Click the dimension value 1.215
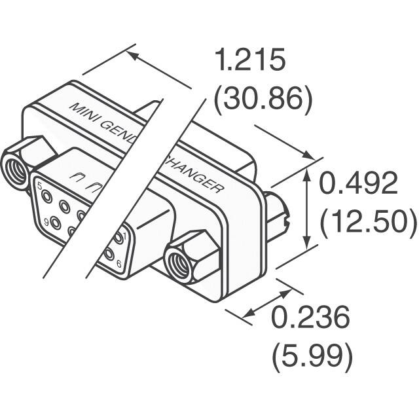pos(250,61)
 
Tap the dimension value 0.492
pos(358,185)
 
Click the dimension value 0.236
pos(310,319)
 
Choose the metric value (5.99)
pos(312,357)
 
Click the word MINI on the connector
pos(83,109)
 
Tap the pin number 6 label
pos(118,263)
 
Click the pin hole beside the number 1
pos(118,237)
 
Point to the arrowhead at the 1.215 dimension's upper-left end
pos(132,55)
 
